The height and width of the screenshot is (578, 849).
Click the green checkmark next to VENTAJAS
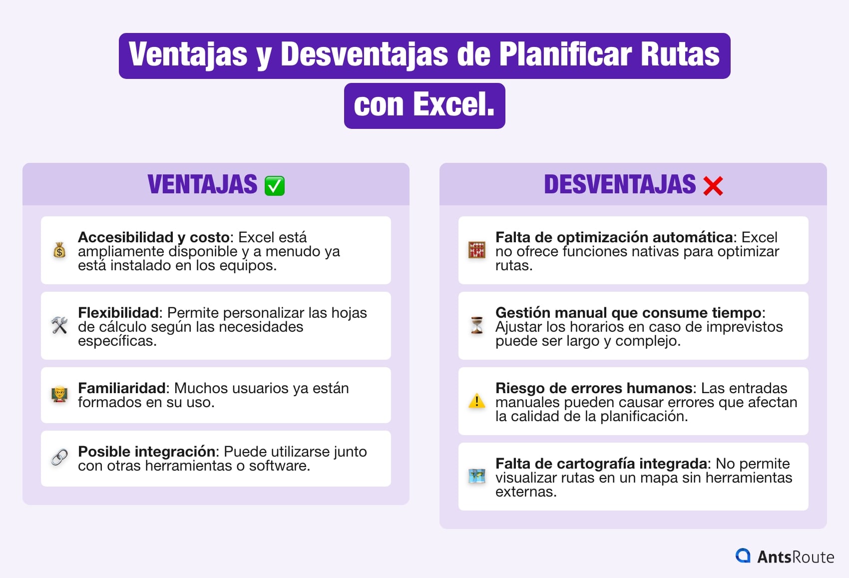274,186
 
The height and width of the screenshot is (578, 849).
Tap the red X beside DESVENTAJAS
713,186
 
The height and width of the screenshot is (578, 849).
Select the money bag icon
59,250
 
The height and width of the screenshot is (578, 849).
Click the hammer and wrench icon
59,325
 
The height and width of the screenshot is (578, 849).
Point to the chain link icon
59,457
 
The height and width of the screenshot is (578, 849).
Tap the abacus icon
477,250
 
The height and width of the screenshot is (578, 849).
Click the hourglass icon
477,325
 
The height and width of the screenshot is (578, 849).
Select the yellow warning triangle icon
477,401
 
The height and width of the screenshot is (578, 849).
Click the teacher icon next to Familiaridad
59,395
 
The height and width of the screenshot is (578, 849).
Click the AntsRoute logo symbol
743,556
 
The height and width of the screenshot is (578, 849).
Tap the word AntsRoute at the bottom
796,557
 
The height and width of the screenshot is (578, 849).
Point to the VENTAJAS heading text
202,184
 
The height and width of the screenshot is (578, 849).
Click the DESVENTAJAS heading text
619,184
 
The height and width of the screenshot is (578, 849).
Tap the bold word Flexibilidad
118,313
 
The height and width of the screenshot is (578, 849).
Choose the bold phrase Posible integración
147,452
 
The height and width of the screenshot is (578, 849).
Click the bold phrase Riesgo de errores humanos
594,388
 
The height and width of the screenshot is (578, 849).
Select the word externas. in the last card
525,492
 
